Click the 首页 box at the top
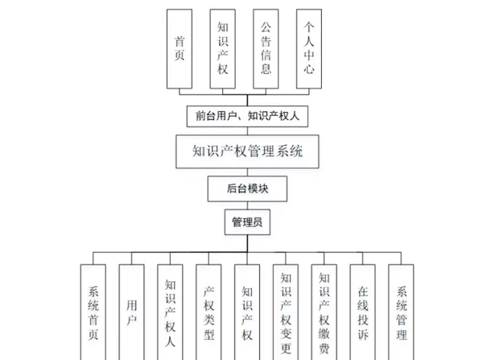pyautogui.click(x=180, y=49)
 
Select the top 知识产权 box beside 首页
pyautogui.click(x=223, y=49)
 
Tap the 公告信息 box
pyautogui.click(x=266, y=49)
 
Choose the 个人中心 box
pyautogui.click(x=310, y=49)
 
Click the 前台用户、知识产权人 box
pyautogui.click(x=246, y=116)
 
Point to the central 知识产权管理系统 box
pyautogui.click(x=247, y=151)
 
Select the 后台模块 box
pyautogui.click(x=247, y=189)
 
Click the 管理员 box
pyautogui.click(x=247, y=222)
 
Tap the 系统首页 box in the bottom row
pyautogui.click(x=94, y=311)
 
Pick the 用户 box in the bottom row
pyautogui.click(x=133, y=311)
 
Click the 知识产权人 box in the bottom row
pyautogui.click(x=171, y=311)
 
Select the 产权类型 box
pyautogui.click(x=209, y=311)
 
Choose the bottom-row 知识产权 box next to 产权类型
pyautogui.click(x=247, y=311)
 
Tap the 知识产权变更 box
pyautogui.click(x=286, y=311)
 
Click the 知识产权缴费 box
pyautogui.click(x=324, y=311)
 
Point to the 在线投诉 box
pyautogui.click(x=362, y=311)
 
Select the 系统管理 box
pyautogui.click(x=401, y=311)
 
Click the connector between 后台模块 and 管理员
pyautogui.click(x=247, y=205)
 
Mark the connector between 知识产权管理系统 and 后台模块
pyautogui.click(x=247, y=172)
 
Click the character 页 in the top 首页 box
pyautogui.click(x=180, y=56)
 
